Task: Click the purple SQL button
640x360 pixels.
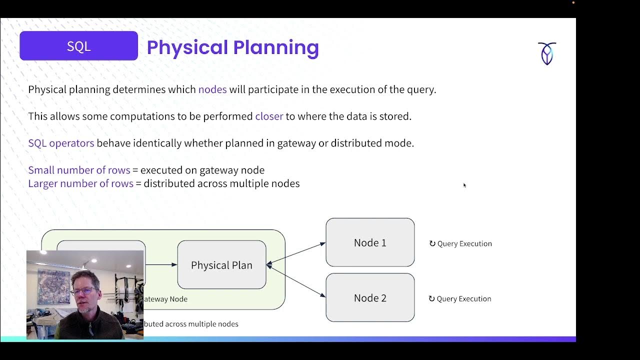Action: [x=78, y=46]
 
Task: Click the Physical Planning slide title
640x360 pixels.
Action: [x=232, y=47]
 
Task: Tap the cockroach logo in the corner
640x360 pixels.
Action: [x=547, y=53]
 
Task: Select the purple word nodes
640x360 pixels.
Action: [x=212, y=89]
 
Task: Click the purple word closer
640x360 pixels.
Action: [x=269, y=116]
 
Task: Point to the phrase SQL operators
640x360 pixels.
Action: [x=61, y=143]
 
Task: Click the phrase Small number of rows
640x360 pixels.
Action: [x=79, y=170]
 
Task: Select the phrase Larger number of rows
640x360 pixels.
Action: [x=80, y=183]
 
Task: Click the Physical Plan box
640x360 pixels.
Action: [x=221, y=265]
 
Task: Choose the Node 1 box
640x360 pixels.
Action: [x=370, y=242]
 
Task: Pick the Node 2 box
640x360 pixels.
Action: [x=370, y=298]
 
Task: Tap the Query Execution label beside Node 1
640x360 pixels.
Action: [x=464, y=243]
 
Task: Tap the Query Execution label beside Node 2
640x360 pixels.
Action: [x=464, y=298]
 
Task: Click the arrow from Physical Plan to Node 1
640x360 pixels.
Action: [x=296, y=253]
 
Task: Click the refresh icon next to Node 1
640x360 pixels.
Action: [x=432, y=243]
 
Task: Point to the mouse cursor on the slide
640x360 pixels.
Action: [x=464, y=185]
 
